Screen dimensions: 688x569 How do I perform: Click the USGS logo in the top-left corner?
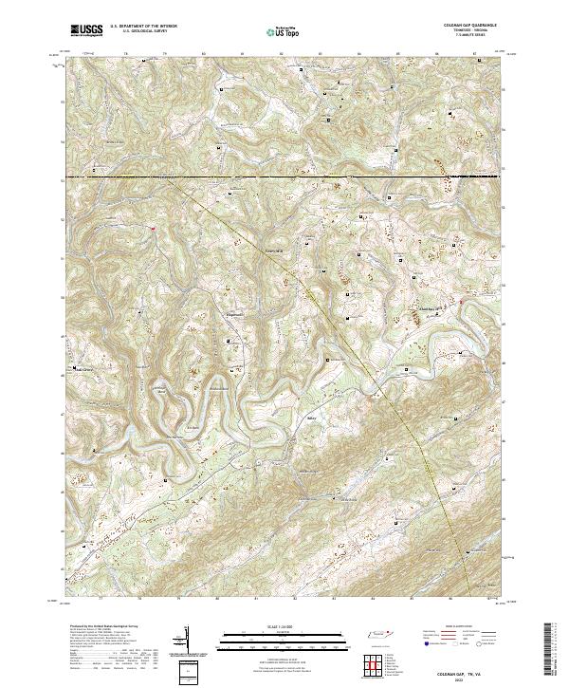(x=85, y=30)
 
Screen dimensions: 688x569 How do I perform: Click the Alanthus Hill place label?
(x=431, y=307)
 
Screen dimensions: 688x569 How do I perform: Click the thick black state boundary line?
(x=284, y=177)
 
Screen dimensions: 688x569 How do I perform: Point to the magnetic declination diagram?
(x=185, y=642)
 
